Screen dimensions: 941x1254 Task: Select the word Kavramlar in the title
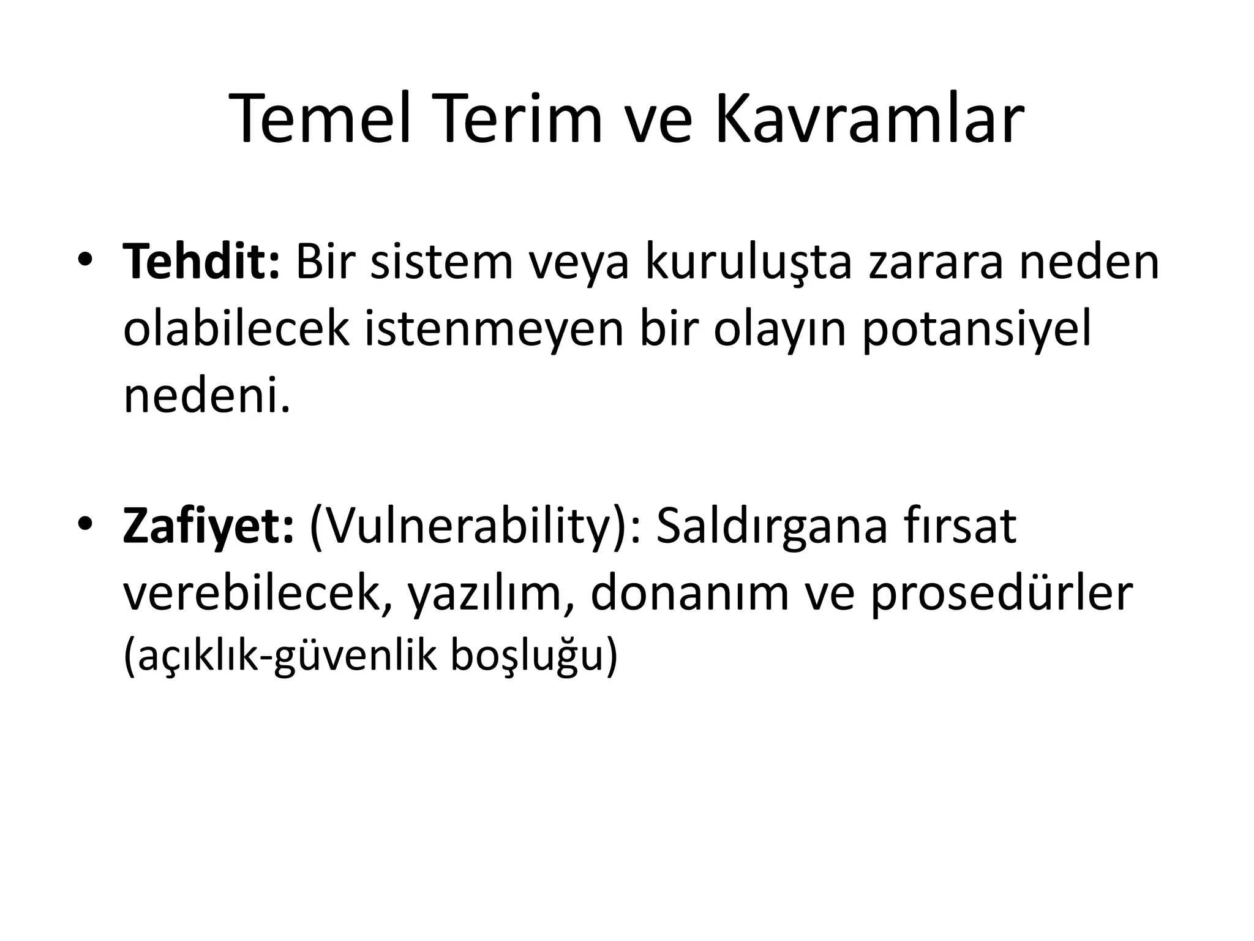(x=869, y=119)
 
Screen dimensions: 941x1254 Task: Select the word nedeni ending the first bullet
(x=206, y=396)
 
